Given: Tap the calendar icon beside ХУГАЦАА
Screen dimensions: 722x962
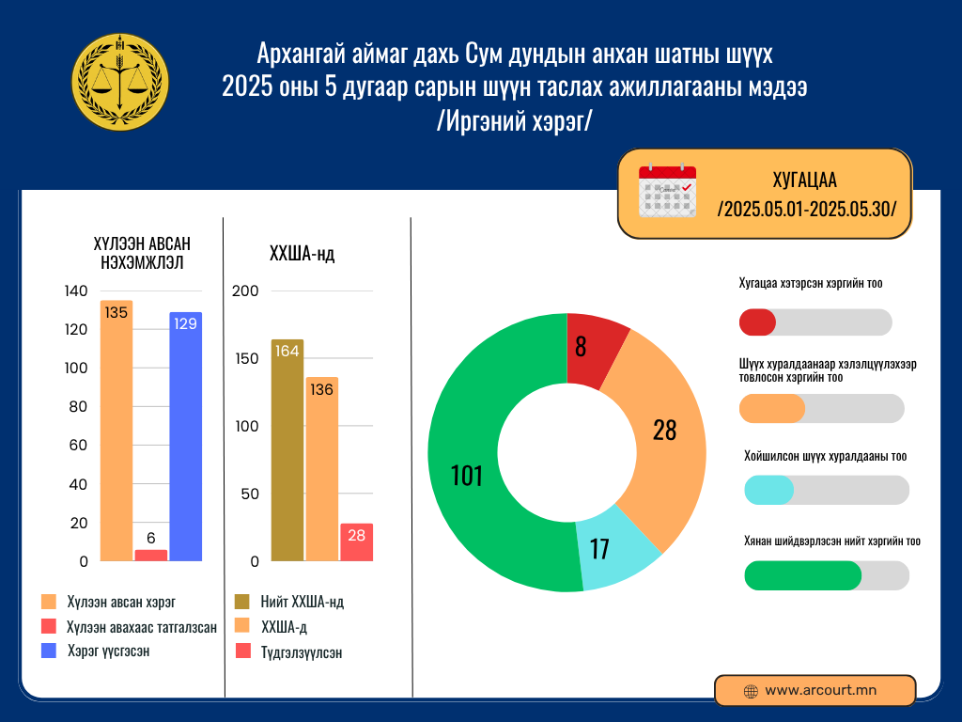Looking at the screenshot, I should tap(667, 192).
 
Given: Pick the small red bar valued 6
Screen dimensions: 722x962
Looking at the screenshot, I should tap(151, 555).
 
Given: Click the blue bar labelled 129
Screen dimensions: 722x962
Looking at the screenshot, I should tap(186, 436).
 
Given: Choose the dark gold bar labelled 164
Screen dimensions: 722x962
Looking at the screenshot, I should tap(287, 450).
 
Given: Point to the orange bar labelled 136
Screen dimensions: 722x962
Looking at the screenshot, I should tap(321, 469).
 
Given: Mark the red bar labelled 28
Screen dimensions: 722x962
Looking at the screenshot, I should tap(356, 542).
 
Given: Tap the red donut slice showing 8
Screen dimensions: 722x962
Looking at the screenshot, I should tap(594, 343).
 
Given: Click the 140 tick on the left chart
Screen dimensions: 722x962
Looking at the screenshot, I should tap(76, 291).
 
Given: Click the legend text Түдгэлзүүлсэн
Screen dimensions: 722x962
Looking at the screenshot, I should tap(302, 652).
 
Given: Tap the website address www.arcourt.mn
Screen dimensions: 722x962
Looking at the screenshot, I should tap(820, 690).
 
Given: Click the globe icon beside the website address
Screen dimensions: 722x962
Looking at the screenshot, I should tap(751, 691).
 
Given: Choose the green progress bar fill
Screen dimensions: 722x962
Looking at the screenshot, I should tap(802, 575).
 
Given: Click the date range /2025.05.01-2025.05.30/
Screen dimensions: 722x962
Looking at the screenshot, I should tap(807, 209).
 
